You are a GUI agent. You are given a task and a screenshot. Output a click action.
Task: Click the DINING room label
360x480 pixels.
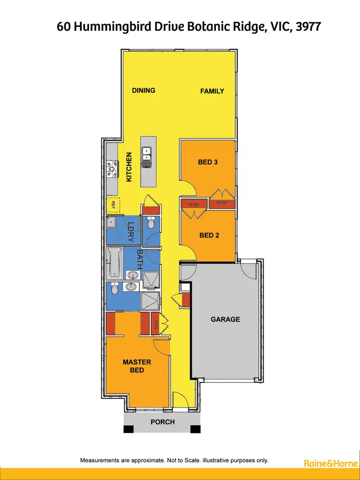click(144, 90)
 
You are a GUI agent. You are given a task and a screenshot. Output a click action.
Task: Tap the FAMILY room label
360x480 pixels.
click(212, 91)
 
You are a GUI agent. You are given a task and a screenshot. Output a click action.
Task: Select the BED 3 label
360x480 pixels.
click(208, 162)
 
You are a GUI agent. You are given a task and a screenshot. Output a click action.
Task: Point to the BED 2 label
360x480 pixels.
click(209, 235)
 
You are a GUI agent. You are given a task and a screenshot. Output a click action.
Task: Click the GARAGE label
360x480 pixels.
click(225, 319)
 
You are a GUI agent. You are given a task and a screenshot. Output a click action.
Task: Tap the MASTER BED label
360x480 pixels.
click(137, 366)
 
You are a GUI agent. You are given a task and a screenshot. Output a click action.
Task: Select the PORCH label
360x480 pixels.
click(163, 422)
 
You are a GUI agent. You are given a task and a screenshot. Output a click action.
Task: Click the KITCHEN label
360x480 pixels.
click(129, 167)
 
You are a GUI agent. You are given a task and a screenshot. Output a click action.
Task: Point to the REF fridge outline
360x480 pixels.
click(113, 205)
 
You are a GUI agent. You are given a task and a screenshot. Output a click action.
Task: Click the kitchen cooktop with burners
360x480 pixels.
click(112, 168)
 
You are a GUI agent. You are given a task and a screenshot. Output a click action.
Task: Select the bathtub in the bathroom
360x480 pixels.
click(115, 263)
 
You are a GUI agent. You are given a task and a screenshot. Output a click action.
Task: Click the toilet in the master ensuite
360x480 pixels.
click(114, 290)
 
